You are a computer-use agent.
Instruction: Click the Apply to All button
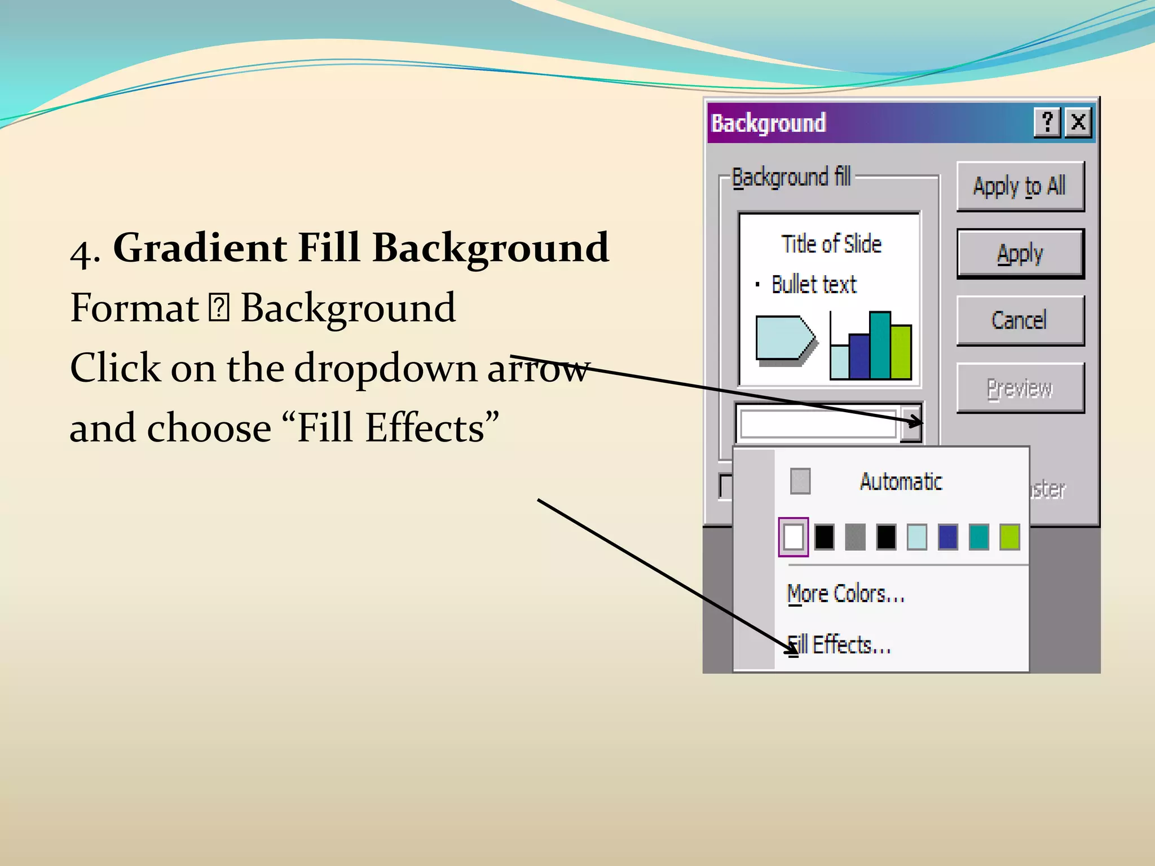tap(1020, 186)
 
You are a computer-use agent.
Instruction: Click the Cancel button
tap(1020, 320)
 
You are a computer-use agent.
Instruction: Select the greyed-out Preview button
tap(1020, 388)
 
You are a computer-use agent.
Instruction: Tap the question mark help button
tap(1047, 122)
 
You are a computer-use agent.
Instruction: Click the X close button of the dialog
tap(1078, 122)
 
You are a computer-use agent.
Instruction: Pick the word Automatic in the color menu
tap(901, 481)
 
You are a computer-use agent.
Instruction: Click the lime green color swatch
tap(1009, 537)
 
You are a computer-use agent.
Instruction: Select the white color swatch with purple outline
tap(793, 537)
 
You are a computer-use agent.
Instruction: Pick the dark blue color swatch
tap(947, 537)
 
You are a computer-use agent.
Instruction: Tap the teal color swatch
tap(978, 537)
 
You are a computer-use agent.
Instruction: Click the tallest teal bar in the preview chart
tap(880, 345)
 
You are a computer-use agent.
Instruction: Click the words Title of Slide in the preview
tap(831, 244)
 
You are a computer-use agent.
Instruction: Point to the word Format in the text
tap(134, 308)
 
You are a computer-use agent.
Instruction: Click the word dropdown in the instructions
tap(385, 368)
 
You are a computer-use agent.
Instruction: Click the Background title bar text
tap(768, 123)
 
